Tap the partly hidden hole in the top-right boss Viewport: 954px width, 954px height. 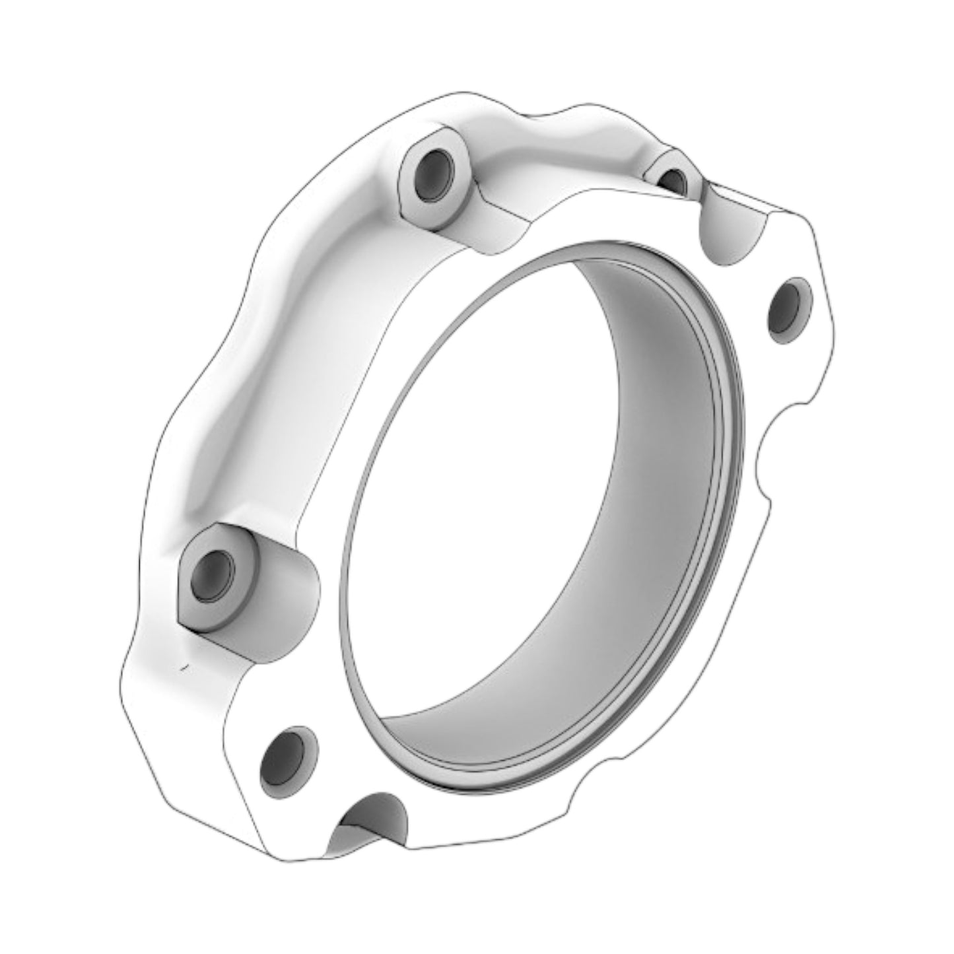coord(673,180)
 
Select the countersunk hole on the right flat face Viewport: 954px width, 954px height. coord(788,310)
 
